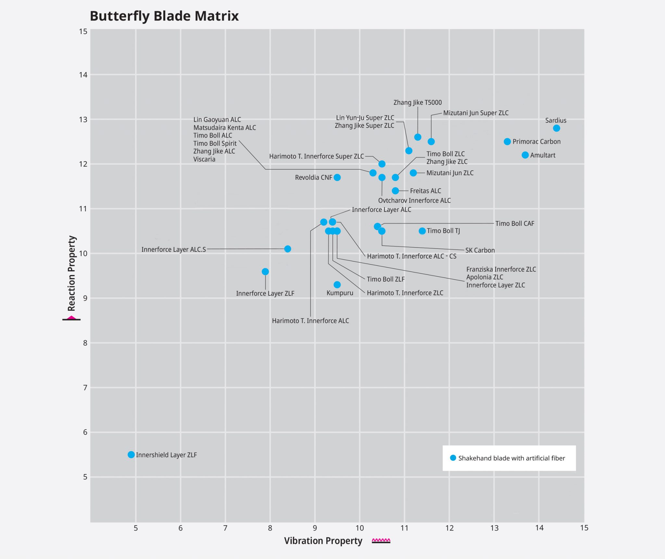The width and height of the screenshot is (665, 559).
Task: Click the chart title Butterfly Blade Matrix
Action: pos(164,16)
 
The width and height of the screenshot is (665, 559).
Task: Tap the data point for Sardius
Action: pos(556,128)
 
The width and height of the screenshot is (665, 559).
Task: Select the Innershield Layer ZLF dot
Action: pos(131,455)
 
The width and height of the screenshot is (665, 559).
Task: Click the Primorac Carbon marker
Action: pos(507,141)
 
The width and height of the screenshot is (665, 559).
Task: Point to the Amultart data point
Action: pos(525,155)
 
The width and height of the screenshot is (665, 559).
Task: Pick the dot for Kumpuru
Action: pos(337,285)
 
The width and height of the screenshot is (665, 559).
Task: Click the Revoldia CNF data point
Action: pos(337,177)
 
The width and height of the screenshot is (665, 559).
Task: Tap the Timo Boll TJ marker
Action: pos(422,231)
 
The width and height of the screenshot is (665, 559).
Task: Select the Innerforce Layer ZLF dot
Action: pos(265,272)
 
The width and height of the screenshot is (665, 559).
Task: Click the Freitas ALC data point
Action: pos(395,190)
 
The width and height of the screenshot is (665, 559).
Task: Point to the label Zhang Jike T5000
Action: pos(417,103)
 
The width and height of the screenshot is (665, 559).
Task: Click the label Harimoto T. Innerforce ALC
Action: pos(310,321)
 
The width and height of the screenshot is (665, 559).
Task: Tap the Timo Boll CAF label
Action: pos(514,224)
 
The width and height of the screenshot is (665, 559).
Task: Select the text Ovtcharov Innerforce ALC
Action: pos(414,201)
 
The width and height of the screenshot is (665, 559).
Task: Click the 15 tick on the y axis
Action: pos(83,31)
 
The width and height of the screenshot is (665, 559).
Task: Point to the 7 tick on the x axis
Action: pos(225,528)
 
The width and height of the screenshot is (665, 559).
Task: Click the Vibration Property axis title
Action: pos(323,541)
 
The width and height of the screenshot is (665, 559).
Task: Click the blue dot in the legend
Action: pos(453,458)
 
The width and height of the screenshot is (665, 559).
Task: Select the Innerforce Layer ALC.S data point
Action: pos(287,249)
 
